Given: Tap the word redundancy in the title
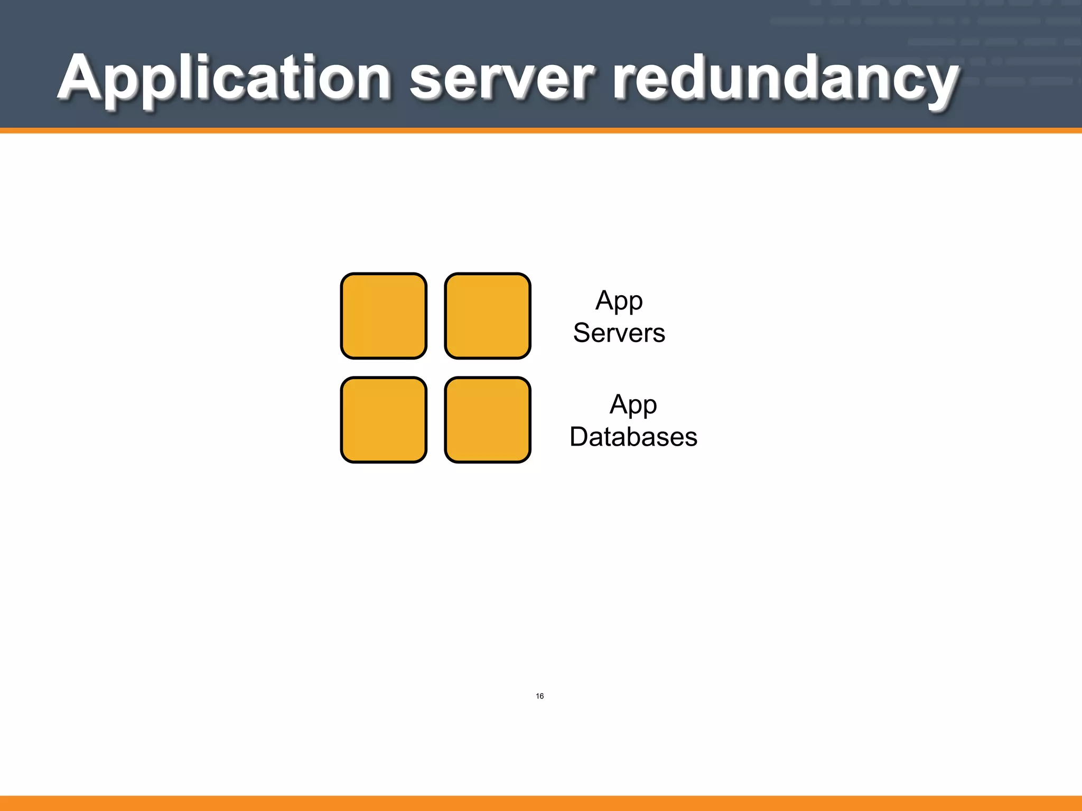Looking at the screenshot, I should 785,79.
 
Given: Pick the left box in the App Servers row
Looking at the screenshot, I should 384,316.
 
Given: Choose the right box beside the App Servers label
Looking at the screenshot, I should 488,316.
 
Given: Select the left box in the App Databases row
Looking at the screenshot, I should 384,420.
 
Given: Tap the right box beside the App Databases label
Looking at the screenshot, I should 488,420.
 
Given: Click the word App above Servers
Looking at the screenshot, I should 619,301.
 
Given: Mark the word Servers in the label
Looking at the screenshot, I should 619,333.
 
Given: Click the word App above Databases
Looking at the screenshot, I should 633,405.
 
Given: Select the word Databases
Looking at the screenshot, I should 633,437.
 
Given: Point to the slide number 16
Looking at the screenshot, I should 539,696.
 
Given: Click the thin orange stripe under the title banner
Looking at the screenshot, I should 541,130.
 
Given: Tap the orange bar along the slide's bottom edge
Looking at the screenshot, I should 541,803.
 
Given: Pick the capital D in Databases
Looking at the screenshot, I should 580,437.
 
